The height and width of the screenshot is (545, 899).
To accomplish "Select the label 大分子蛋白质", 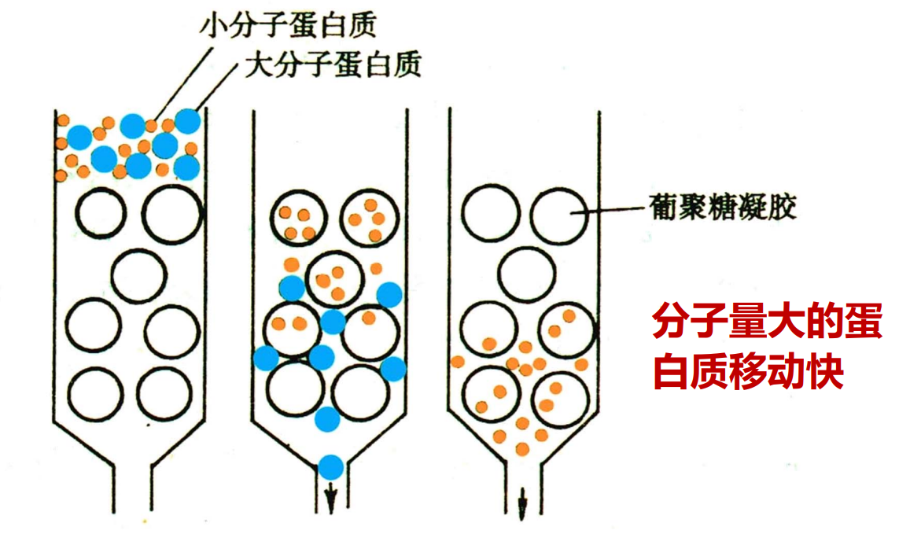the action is pos(333,64).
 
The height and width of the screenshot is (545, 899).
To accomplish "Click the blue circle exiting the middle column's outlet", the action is pos(331,467).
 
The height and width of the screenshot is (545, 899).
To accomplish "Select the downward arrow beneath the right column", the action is pos(522,503).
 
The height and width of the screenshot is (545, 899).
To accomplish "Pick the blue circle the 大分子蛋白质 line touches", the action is pos(187,121).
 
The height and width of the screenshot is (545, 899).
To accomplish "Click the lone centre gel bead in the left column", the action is pos(138,276).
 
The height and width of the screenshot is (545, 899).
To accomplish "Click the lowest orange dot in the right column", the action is pos(522,449).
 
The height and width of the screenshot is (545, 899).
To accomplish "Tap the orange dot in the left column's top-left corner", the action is pos(62,121).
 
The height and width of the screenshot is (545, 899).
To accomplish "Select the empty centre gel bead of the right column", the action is pos(526,274).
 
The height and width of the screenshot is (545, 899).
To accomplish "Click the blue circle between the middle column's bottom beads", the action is pos(328,419).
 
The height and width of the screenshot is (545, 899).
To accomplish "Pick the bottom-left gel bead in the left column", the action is pos(96,395).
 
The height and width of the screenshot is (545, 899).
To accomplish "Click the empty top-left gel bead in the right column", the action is pos(491,213).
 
